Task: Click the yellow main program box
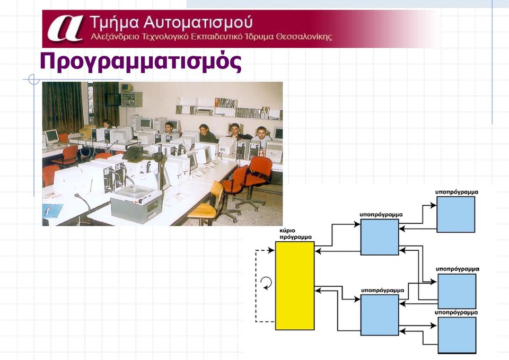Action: click(x=295, y=286)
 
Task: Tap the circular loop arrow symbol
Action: click(x=267, y=283)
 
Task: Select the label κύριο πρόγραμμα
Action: click(x=295, y=234)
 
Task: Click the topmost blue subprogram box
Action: click(x=456, y=214)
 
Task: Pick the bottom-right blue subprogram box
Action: click(x=457, y=335)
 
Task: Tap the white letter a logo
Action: click(x=65, y=29)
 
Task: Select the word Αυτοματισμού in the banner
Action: click(x=198, y=22)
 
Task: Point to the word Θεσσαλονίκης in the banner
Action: click(x=304, y=37)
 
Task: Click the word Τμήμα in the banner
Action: click(x=115, y=23)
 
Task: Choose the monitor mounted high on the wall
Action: click(x=127, y=87)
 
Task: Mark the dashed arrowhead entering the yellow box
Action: click(x=271, y=250)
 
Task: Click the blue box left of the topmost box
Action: click(x=380, y=237)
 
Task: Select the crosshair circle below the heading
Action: click(x=34, y=79)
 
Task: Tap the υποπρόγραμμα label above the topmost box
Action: click(x=457, y=192)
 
